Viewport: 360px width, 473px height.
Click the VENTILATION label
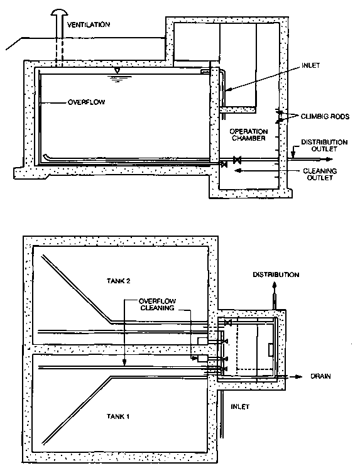point(89,24)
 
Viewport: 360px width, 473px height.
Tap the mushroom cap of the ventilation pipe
point(59,12)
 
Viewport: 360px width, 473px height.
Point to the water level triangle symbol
point(117,70)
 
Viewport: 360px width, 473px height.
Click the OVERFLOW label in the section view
point(86,102)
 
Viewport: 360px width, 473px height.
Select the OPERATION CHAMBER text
point(248,135)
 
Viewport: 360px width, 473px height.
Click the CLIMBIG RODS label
point(325,116)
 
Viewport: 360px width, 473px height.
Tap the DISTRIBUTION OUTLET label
point(324,145)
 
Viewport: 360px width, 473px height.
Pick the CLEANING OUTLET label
point(320,174)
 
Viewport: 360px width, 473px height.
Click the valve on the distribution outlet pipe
point(237,160)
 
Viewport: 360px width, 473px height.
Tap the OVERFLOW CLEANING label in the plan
point(157,305)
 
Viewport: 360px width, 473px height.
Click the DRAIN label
point(320,376)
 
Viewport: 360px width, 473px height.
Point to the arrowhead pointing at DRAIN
point(298,376)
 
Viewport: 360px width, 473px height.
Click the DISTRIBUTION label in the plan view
point(276,275)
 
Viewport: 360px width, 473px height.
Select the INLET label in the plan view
point(240,406)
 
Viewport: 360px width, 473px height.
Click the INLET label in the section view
point(310,65)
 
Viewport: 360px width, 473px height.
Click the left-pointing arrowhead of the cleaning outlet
point(237,171)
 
